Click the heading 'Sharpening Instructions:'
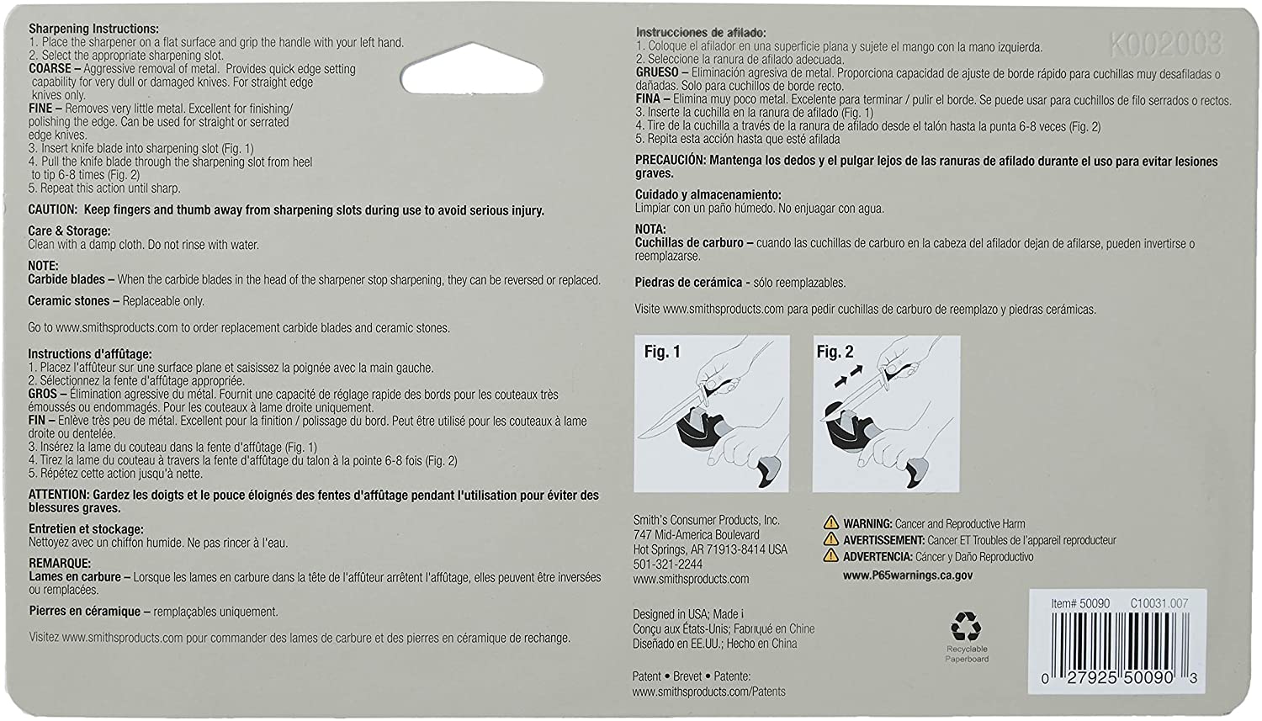pyautogui.click(x=93, y=29)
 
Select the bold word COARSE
pyautogui.click(x=50, y=69)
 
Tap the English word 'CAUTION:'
pyautogui.click(x=53, y=210)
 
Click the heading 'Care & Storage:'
pyautogui.click(x=69, y=231)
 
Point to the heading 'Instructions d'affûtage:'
pyautogui.click(x=90, y=354)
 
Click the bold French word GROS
pyautogui.click(x=43, y=395)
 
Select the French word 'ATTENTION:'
pyautogui.click(x=58, y=495)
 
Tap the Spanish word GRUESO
pyautogui.click(x=657, y=73)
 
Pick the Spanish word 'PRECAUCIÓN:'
pyautogui.click(x=670, y=161)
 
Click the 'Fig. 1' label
pyautogui.click(x=662, y=352)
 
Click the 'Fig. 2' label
pyautogui.click(x=835, y=352)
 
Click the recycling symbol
pyautogui.click(x=966, y=627)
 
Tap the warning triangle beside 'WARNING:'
pyautogui.click(x=831, y=523)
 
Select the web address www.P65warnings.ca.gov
pyautogui.click(x=908, y=576)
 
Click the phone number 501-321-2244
pyautogui.click(x=667, y=565)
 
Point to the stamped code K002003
pyautogui.click(x=1165, y=45)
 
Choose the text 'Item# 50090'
pyautogui.click(x=1080, y=603)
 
